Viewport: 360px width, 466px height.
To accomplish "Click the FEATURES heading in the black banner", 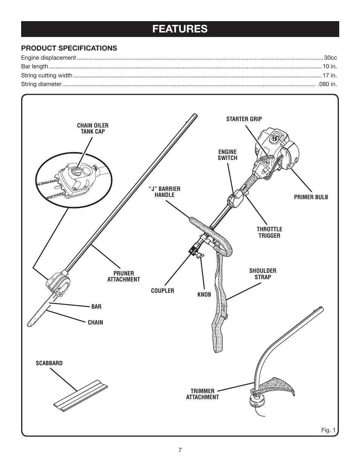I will click(180, 29).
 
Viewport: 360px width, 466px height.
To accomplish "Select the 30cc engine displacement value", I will click(331, 58).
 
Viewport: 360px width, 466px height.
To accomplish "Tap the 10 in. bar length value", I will click(329, 66).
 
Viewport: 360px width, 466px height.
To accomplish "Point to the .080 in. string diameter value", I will click(327, 84).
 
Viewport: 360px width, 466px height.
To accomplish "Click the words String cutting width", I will click(47, 75).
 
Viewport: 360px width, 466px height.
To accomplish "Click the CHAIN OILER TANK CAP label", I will click(92, 128).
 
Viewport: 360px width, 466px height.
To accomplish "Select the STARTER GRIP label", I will click(244, 119).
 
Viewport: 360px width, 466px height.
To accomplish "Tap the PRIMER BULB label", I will click(311, 197).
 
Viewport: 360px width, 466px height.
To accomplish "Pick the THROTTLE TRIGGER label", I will click(269, 232).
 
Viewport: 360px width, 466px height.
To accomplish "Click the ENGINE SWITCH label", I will click(228, 155).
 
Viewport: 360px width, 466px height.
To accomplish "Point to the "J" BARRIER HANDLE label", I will click(165, 192).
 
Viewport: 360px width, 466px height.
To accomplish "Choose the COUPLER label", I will click(163, 291).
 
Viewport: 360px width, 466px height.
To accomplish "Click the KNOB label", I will click(204, 294).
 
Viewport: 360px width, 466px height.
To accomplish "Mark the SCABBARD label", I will click(49, 363).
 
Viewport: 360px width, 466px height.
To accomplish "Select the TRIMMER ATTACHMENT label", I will click(202, 394).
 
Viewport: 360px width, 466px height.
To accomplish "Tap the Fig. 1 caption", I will click(328, 430).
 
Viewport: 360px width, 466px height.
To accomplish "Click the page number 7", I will click(180, 450).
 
